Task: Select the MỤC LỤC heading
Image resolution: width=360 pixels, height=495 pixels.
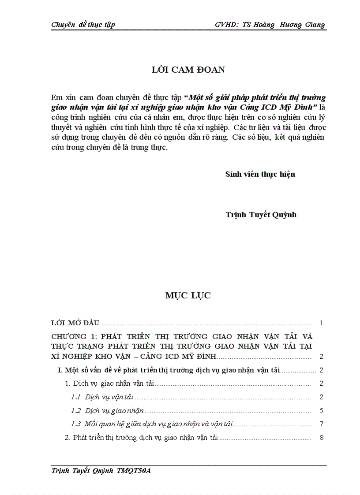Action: pyautogui.click(x=188, y=296)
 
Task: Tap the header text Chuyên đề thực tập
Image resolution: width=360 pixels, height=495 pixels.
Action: pyautogui.click(x=83, y=25)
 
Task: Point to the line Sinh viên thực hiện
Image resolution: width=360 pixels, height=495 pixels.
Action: pyautogui.click(x=260, y=174)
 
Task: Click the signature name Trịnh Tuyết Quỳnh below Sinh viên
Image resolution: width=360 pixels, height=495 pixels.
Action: pyautogui.click(x=261, y=215)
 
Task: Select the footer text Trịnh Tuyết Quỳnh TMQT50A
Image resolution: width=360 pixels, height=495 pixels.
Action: pyautogui.click(x=101, y=471)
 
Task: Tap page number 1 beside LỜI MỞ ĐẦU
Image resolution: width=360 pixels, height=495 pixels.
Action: pyautogui.click(x=322, y=324)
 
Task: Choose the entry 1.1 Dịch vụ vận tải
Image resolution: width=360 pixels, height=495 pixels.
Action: pyautogui.click(x=105, y=397)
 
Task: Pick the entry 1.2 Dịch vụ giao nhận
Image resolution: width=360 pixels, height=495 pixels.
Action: pyautogui.click(x=108, y=411)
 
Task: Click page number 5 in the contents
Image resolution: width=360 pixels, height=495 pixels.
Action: pyautogui.click(x=322, y=411)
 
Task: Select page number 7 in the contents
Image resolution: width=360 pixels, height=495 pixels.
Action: pyautogui.click(x=322, y=424)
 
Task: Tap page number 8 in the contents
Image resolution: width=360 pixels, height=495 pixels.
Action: pyautogui.click(x=322, y=438)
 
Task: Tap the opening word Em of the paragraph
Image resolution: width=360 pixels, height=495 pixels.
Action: pyautogui.click(x=56, y=97)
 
